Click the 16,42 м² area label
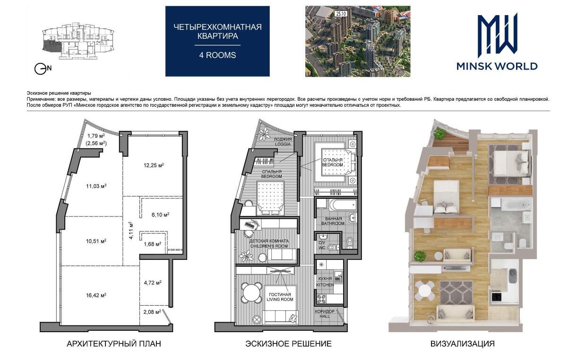point(96,295)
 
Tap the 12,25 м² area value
point(154,165)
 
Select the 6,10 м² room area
point(161,214)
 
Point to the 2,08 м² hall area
point(152,312)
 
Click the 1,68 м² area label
point(153,244)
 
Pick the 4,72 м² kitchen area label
point(153,283)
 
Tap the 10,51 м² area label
point(96,241)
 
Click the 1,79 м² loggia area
point(96,136)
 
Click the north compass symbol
point(43,69)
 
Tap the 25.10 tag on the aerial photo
point(341,14)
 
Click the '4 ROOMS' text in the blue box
point(217,55)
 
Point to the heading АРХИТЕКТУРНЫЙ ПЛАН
point(114,344)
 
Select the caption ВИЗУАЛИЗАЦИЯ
point(463,344)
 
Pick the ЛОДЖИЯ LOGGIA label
point(283,142)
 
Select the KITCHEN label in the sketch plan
point(325,285)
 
